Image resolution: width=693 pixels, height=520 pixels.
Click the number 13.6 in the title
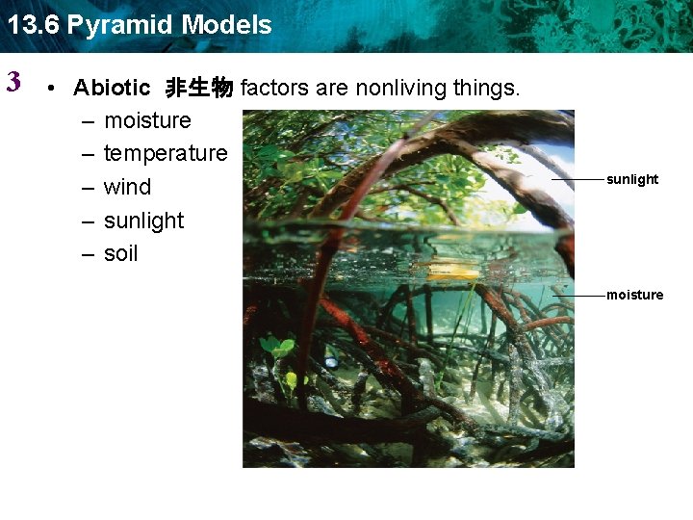point(34,25)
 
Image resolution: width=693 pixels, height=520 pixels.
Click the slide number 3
point(13,82)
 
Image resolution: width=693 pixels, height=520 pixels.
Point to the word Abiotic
point(112,89)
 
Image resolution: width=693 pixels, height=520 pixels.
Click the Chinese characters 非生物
point(198,89)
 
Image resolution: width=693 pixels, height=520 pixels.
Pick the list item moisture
point(147,120)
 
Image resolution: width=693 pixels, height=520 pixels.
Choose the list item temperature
point(165,153)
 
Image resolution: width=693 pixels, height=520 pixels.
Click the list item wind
point(127,187)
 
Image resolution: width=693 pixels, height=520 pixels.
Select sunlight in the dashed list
point(143,221)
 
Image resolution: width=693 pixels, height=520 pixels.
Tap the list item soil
point(120,253)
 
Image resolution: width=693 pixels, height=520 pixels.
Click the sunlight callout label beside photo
point(632,179)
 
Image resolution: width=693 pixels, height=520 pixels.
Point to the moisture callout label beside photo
point(634,295)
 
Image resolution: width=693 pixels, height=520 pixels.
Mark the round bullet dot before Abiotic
point(55,89)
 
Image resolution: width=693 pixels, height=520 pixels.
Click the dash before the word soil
point(88,253)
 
